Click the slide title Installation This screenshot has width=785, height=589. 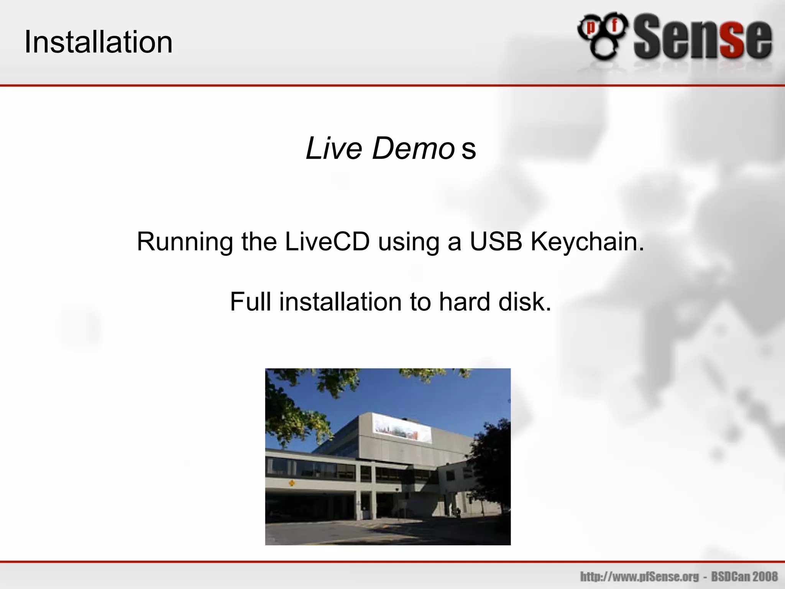point(99,42)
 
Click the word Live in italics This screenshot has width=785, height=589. point(333,148)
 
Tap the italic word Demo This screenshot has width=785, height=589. point(413,148)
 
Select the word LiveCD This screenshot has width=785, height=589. point(327,242)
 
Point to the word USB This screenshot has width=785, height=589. point(496,242)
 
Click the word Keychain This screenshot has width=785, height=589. point(587,242)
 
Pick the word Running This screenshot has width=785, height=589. point(185,242)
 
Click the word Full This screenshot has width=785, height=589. point(250,302)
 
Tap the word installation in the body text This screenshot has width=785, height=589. point(340,302)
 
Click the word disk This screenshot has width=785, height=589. point(525,302)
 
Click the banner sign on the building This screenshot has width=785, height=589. point(402,429)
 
